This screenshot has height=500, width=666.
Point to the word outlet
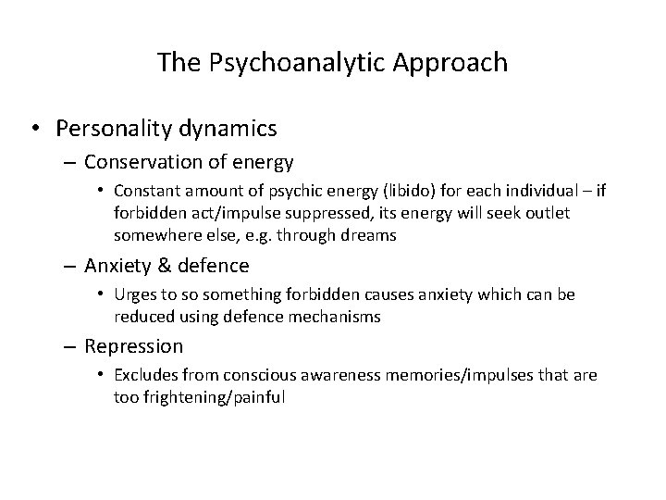tap(543, 213)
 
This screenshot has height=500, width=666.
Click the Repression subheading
tap(133, 347)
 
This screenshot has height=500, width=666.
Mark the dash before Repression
tap(71, 347)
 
